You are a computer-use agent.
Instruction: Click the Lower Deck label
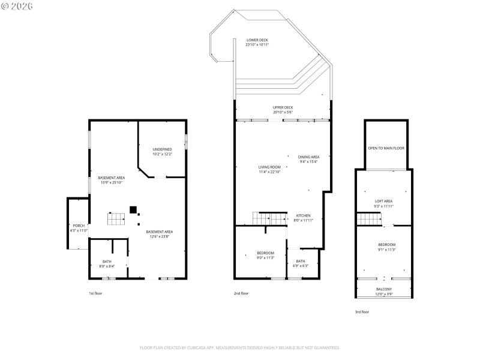pos(257,42)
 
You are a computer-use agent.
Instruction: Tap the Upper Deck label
pos(283,110)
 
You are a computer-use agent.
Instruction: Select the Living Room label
pos(269,169)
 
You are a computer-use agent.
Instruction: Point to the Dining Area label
pos(309,159)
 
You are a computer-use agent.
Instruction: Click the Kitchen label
pos(302,218)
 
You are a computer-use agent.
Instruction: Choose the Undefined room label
pos(162,151)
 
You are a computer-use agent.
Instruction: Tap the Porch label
pos(79,228)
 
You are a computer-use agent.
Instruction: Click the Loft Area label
pos(383,203)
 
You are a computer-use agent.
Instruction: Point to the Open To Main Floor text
pos(386,148)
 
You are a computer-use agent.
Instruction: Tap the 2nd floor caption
pos(241,293)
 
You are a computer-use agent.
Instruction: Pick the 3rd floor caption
pos(362,312)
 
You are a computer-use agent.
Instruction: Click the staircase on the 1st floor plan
pos(116,219)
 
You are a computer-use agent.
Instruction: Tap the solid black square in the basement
pos(133,209)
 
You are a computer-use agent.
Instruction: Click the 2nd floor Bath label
pos(300,263)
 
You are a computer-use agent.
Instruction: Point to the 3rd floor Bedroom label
pos(386,247)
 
